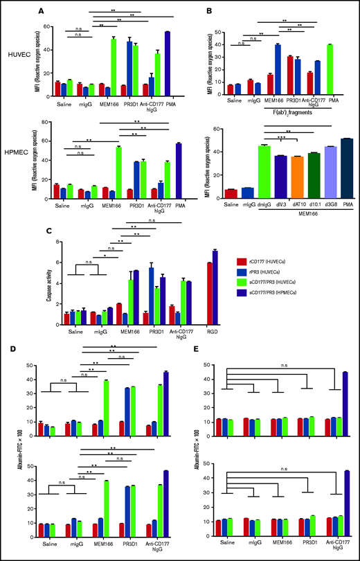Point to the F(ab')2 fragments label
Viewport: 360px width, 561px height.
pos(285,109)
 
